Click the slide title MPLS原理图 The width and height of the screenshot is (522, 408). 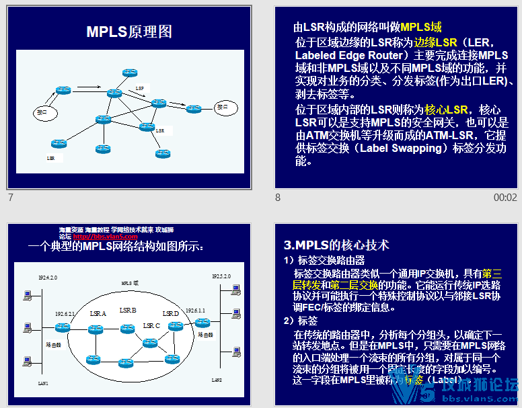click(x=129, y=32)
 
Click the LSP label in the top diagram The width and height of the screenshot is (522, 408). click(x=139, y=88)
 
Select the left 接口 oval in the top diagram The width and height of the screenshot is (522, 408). click(x=43, y=112)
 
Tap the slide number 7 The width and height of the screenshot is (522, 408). click(x=10, y=198)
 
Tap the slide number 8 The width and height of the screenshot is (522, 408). click(x=278, y=198)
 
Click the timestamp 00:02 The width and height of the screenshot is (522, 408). click(x=505, y=198)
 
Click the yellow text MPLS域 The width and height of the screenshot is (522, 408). click(x=421, y=28)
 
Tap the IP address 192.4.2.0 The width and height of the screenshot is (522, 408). click(x=48, y=277)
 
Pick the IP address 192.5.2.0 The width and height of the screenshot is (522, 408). click(x=221, y=276)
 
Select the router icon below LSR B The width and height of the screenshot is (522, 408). click(x=126, y=328)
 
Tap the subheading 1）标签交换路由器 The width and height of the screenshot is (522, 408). click(x=324, y=261)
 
